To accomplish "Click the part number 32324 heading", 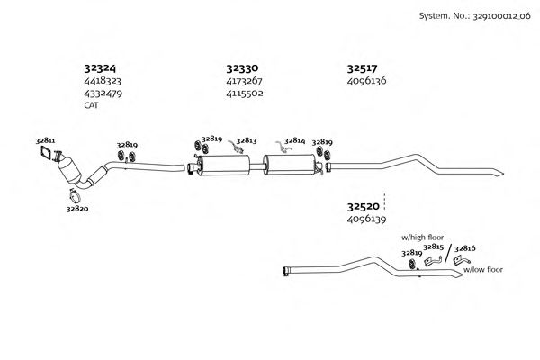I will tap(100, 67).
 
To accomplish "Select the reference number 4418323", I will tap(103, 80).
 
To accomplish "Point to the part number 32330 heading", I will tap(242, 67).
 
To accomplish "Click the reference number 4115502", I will tap(244, 93).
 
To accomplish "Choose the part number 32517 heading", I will tap(363, 67).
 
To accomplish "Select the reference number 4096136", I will tap(366, 80).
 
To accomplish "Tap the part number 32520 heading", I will tap(363, 206).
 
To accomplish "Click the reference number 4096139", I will tap(366, 219).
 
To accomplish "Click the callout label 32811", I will tap(45, 141).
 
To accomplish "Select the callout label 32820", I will tap(76, 208).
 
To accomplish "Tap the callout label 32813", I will tap(247, 140).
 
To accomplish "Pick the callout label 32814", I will tap(294, 140).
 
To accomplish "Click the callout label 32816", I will tap(464, 247).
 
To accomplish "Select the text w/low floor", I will tap(483, 269).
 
